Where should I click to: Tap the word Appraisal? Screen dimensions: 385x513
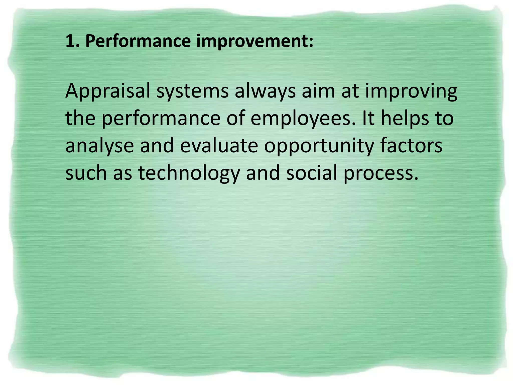pos(107,91)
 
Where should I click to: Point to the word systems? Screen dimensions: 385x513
pos(192,91)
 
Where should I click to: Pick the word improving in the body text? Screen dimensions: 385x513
pos(411,91)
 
